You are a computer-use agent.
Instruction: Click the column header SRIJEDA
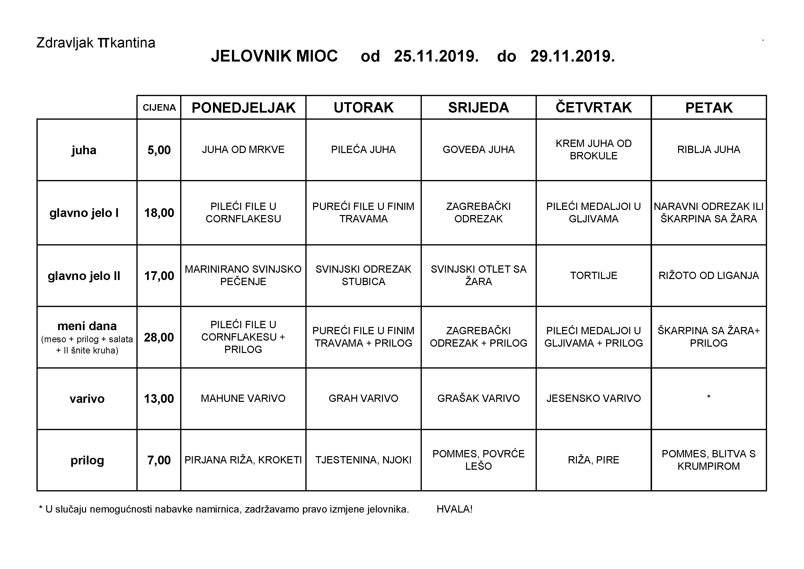[x=478, y=108]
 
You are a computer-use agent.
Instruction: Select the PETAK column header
[x=709, y=108]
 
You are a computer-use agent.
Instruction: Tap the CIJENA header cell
[x=159, y=108]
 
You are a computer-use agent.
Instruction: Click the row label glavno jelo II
[x=84, y=276]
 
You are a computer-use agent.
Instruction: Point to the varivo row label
[x=87, y=399]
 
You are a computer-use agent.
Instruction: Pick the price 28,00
[x=159, y=337]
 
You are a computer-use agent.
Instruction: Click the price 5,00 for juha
[x=159, y=150]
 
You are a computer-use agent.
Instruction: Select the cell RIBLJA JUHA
[x=709, y=150]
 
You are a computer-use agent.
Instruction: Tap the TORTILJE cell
[x=593, y=275]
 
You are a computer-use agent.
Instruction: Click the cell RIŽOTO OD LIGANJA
[x=709, y=275]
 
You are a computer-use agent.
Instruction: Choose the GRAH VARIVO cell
[x=363, y=398]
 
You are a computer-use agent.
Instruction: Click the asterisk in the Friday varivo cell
[x=709, y=397]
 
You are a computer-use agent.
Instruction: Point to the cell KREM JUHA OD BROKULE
[x=593, y=150]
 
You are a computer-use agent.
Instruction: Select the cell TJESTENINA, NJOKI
[x=363, y=460]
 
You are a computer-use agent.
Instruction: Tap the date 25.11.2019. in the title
[x=436, y=56]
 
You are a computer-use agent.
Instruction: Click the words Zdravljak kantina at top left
[x=96, y=43]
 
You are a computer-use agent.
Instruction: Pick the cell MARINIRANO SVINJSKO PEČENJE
[x=243, y=275]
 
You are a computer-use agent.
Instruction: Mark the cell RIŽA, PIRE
[x=593, y=460]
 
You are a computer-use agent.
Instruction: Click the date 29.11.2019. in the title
[x=572, y=56]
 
